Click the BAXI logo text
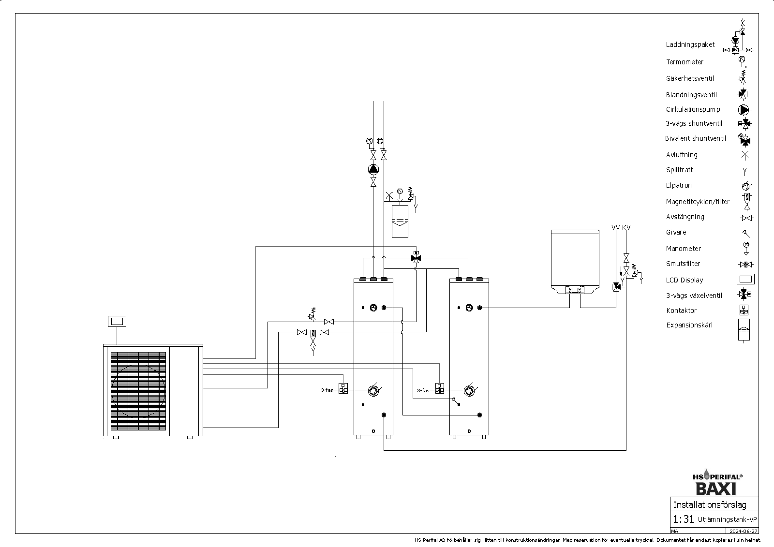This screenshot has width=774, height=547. click(x=716, y=488)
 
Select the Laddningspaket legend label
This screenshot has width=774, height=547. click(x=690, y=44)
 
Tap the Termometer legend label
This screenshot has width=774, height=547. click(x=685, y=62)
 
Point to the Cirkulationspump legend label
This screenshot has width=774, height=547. click(x=693, y=109)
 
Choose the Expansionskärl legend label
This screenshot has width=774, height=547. click(x=689, y=325)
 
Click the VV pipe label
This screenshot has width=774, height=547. click(x=615, y=227)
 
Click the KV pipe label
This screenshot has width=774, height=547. click(x=626, y=227)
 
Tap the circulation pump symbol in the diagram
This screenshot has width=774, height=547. click(x=373, y=169)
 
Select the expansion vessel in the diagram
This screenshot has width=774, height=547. click(x=400, y=221)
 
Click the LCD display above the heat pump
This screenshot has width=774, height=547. click(x=117, y=321)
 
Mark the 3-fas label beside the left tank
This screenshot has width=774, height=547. click(x=327, y=390)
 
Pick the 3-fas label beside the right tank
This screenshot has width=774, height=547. click(x=423, y=390)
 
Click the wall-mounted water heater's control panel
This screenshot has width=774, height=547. click(x=575, y=290)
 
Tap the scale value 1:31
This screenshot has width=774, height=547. click(x=684, y=519)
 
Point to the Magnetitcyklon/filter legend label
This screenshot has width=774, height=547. click(x=698, y=202)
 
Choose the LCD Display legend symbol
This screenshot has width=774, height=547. click(x=745, y=280)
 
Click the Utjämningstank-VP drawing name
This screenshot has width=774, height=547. click(x=728, y=520)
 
